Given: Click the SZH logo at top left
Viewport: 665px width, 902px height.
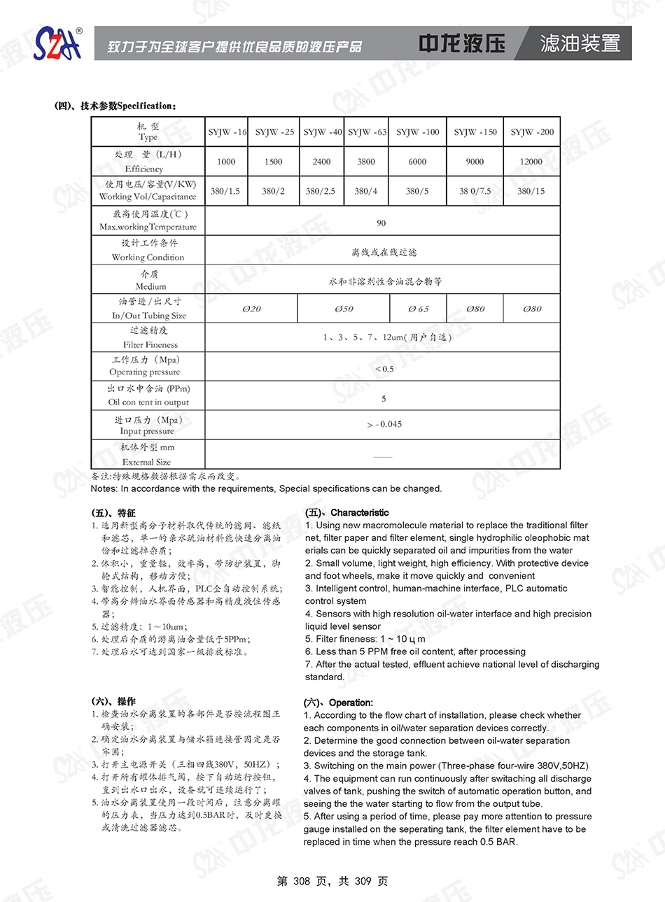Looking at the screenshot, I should [x=58, y=44].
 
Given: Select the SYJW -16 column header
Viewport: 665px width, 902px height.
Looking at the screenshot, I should [x=227, y=132].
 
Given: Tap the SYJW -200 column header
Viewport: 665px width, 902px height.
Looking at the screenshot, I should [x=531, y=132].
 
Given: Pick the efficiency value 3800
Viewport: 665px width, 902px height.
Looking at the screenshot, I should [x=366, y=162].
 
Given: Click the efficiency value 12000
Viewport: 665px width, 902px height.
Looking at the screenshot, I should [x=531, y=162].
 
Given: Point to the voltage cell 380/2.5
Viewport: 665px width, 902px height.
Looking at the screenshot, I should [x=321, y=191].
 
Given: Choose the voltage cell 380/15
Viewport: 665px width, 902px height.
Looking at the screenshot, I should [x=531, y=191].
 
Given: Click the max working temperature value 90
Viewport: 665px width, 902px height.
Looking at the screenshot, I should [x=381, y=223].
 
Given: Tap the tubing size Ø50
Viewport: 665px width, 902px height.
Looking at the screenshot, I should [x=344, y=309].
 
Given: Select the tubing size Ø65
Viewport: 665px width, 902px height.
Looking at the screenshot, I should [x=418, y=309].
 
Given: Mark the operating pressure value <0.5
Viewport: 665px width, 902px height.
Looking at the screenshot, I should [x=384, y=369].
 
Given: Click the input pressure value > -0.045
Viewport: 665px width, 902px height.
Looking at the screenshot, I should [x=384, y=424].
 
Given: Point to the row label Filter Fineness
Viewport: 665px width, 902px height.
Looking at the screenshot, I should [x=150, y=344].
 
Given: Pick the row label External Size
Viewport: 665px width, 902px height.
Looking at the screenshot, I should [x=146, y=462].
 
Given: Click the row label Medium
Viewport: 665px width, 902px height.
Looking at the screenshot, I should [x=150, y=286].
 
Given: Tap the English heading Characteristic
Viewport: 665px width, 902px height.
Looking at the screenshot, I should [x=359, y=512].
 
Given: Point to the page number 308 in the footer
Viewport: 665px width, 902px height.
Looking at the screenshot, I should [x=301, y=881].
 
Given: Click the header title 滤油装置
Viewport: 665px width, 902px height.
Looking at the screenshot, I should [x=580, y=43].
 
